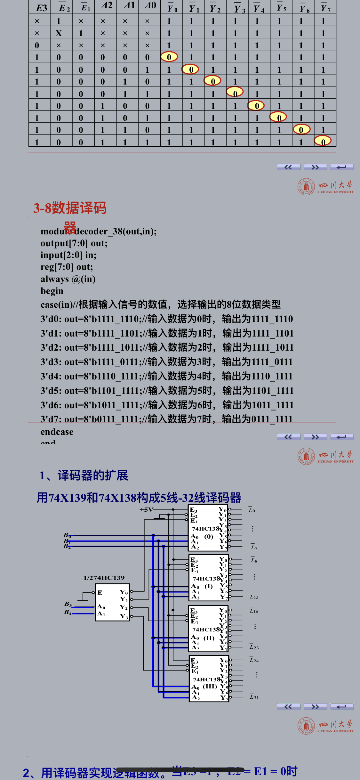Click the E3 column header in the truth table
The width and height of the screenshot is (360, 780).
click(41, 8)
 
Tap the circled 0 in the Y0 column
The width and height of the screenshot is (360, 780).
click(169, 57)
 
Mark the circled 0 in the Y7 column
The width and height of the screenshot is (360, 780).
click(323, 141)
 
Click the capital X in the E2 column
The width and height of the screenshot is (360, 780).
click(59, 33)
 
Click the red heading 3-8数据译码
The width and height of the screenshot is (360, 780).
click(70, 208)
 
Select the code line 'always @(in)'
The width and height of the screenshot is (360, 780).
click(68, 279)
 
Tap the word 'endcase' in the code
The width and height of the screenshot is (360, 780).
click(57, 432)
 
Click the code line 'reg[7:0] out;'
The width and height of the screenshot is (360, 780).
click(67, 267)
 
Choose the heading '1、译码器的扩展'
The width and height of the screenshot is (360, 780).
click(84, 475)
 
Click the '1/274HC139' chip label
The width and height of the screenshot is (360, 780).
click(104, 578)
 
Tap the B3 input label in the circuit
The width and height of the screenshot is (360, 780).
click(68, 604)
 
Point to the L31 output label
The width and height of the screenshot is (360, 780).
click(254, 697)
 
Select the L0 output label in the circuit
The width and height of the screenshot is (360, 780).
click(252, 510)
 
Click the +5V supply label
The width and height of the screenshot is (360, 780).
click(146, 509)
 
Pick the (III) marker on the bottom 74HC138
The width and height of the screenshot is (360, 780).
click(210, 686)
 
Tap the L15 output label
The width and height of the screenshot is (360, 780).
click(254, 597)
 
